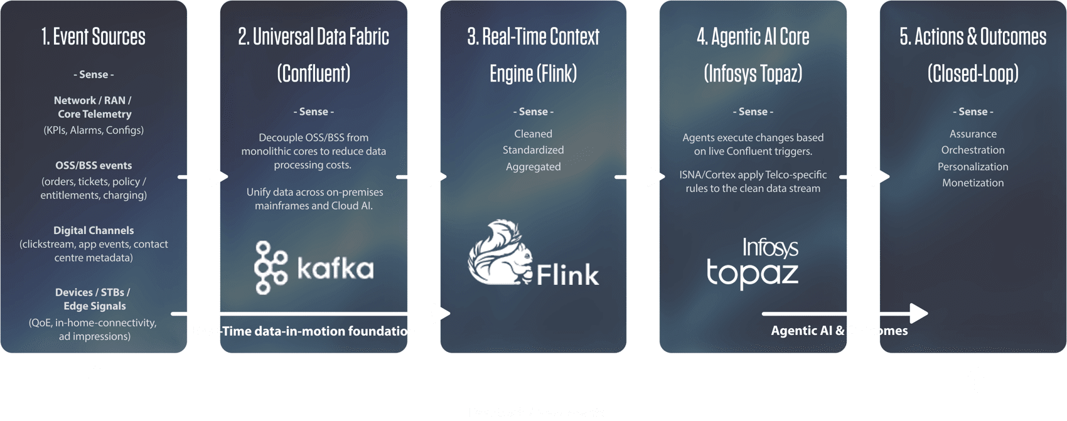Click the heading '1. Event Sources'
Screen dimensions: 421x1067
94,36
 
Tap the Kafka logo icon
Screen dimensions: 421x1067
271,268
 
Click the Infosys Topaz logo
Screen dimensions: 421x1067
753,263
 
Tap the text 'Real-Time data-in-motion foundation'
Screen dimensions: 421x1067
304,331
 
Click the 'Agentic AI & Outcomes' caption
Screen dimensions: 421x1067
839,331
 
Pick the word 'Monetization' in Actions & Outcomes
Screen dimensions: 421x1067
973,183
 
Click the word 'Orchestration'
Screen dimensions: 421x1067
973,150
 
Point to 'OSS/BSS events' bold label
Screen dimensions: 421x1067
94,166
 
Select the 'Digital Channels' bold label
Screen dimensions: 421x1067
94,230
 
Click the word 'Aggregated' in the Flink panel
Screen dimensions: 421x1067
533,166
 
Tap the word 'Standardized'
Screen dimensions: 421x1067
533,150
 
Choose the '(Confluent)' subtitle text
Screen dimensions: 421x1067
313,73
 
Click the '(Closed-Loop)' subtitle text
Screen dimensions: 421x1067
973,73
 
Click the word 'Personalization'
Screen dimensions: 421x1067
973,166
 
